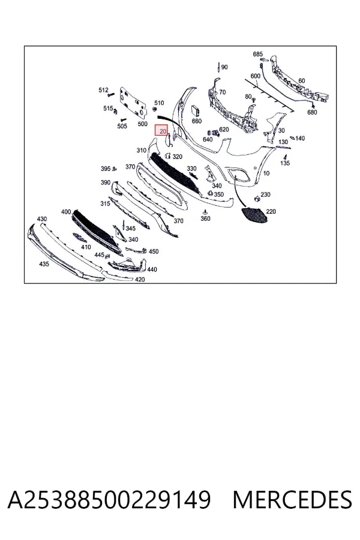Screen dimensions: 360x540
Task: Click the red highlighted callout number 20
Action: tap(163, 131)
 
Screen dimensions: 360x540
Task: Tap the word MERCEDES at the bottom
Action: tap(292, 500)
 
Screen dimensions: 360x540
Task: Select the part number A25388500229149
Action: tap(109, 500)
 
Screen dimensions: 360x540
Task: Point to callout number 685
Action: tap(257, 54)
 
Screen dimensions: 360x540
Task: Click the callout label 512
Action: tap(103, 90)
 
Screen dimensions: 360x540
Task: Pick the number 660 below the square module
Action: tap(197, 121)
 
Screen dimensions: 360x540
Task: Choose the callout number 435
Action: tap(44, 264)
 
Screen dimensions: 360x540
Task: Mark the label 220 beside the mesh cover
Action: tap(271, 211)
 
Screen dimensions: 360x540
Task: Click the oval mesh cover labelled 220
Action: tap(253, 215)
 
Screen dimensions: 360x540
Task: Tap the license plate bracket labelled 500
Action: tap(133, 101)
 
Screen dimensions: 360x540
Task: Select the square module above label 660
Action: tap(196, 110)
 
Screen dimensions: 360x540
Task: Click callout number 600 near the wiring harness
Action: tap(255, 76)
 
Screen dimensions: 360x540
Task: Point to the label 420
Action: tap(140, 280)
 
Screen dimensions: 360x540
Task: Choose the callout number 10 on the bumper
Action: tap(266, 173)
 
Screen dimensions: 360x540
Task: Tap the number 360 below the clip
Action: tap(205, 218)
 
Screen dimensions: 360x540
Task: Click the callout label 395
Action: tap(106, 169)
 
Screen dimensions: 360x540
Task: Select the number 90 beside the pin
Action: tap(224, 67)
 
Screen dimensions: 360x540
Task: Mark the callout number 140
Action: tap(300, 139)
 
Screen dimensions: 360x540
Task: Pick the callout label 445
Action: tap(99, 255)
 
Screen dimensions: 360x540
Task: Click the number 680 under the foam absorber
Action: tap(312, 112)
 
